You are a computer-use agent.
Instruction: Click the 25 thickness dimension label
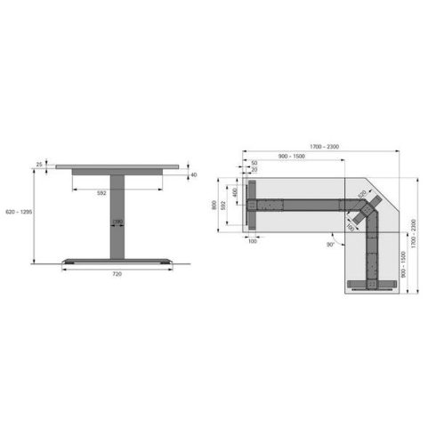pyautogui.click(x=40, y=164)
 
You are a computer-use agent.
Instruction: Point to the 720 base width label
pyautogui.click(x=117, y=275)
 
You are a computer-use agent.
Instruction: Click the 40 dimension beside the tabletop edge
pyautogui.click(x=193, y=175)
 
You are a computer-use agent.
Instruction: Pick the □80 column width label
pyautogui.click(x=117, y=222)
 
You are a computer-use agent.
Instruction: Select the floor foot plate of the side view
pyautogui.click(x=117, y=261)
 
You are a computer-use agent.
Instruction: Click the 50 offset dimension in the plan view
pyautogui.click(x=254, y=163)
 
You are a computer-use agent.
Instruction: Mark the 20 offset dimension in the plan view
pyautogui.click(x=254, y=170)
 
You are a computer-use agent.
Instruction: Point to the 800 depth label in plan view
pyautogui.click(x=214, y=204)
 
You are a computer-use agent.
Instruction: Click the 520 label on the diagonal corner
pyautogui.click(x=362, y=192)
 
